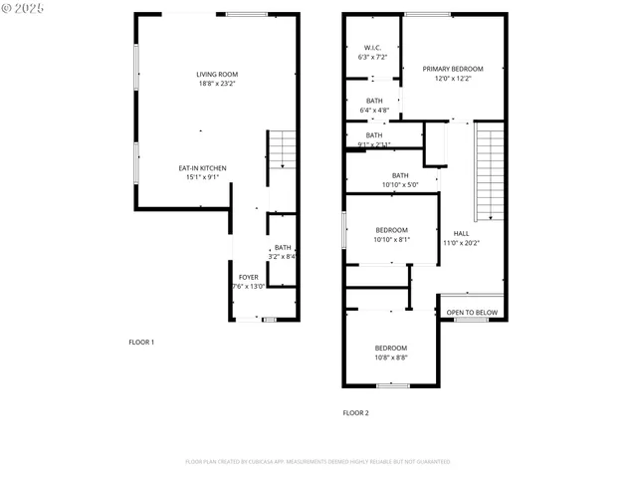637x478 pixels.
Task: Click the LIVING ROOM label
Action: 216,74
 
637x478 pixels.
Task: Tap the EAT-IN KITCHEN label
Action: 202,168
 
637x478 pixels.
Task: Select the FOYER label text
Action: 248,277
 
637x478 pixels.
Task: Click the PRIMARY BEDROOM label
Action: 452,69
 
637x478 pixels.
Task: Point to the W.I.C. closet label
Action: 372,48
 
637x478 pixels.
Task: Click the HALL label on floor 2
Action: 461,233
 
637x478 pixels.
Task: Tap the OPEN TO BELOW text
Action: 472,312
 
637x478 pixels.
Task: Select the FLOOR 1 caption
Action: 141,342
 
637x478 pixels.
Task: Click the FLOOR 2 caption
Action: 355,412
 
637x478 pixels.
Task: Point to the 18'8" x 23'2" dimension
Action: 216,84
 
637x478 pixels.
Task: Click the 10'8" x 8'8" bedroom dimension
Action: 391,358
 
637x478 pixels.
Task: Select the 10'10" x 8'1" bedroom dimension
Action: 391,239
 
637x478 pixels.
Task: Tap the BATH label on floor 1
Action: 283,248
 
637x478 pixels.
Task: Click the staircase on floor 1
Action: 283,149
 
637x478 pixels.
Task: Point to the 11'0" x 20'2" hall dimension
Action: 461,242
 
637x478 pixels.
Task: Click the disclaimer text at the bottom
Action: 318,461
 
